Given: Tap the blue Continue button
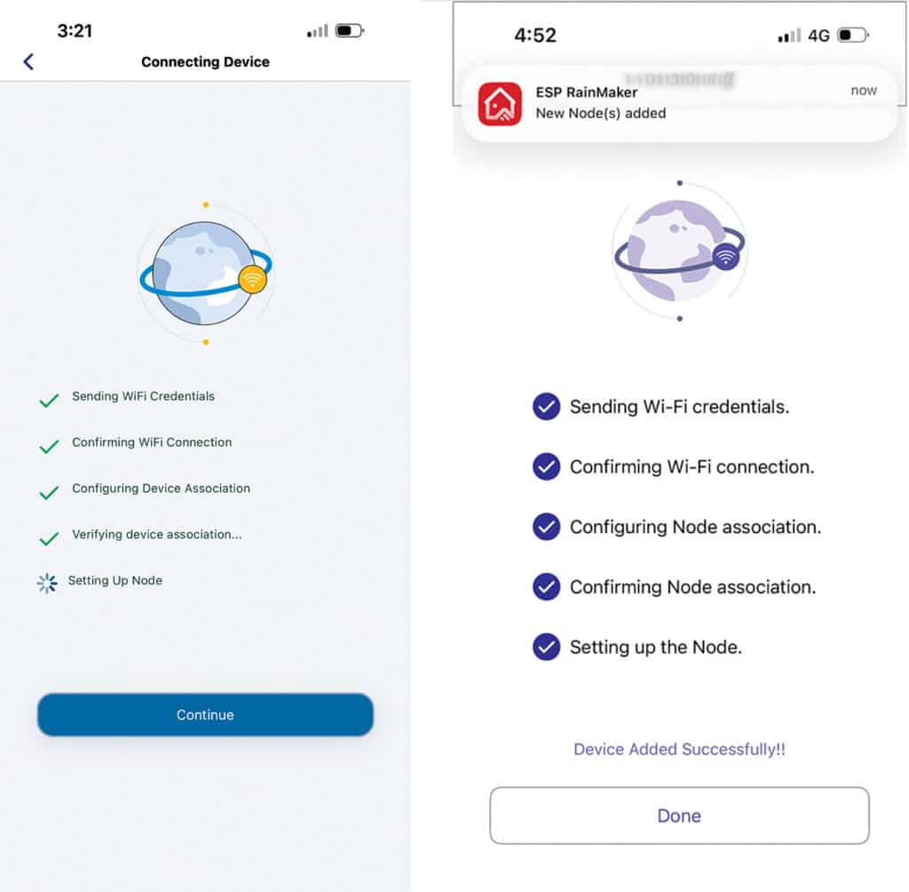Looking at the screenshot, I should click(x=205, y=714).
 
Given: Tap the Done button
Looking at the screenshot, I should click(x=679, y=816).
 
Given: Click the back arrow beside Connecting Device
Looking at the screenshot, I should click(x=28, y=61).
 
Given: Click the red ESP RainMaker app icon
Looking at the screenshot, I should click(x=500, y=102).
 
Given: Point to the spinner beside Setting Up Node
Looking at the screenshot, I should click(x=47, y=583).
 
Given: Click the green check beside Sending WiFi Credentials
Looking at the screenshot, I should click(x=49, y=401).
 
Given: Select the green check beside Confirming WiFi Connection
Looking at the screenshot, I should click(x=49, y=447).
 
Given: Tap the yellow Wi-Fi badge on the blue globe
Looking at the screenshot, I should click(x=253, y=280).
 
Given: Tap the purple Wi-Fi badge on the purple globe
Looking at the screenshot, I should click(x=727, y=258).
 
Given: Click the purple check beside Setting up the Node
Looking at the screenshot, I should click(x=546, y=647).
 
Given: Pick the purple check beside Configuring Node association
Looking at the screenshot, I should click(x=546, y=527).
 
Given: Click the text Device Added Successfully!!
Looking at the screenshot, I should click(x=679, y=749).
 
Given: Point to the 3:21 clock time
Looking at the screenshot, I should click(x=75, y=30).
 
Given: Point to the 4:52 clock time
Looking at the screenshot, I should click(x=535, y=36).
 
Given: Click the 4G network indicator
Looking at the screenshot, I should click(x=818, y=36).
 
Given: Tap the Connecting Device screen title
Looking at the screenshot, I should click(x=205, y=61).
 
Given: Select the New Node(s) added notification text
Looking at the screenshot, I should click(x=601, y=113).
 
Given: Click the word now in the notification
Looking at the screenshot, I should click(x=863, y=91).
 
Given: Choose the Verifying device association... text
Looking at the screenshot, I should click(x=157, y=534).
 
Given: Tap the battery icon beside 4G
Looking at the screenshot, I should click(x=854, y=36).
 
